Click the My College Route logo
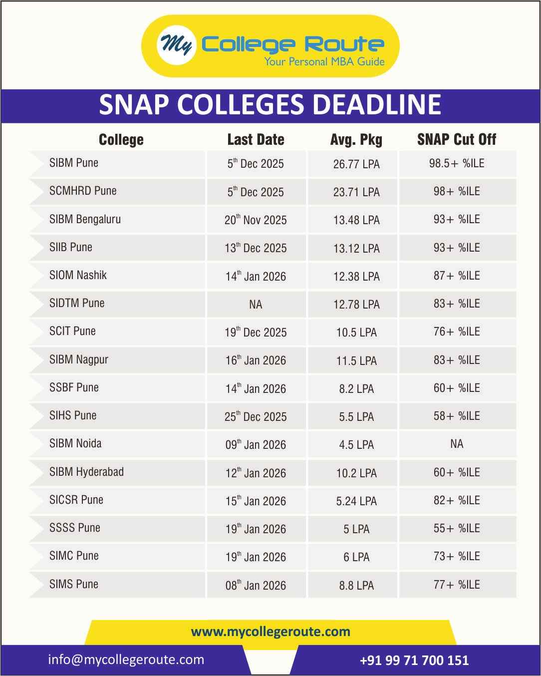coord(270,46)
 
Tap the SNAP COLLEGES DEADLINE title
coord(270,105)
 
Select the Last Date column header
coord(256,139)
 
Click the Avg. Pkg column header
coord(356,139)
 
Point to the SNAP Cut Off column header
coord(457,139)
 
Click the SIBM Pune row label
coord(74,163)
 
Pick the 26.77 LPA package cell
coord(356,164)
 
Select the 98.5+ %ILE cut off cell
coord(457,163)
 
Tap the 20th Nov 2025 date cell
coord(256,220)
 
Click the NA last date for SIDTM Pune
coord(256,305)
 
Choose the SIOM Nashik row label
coord(78,275)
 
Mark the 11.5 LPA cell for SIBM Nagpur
coord(356,360)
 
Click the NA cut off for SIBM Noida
coord(457,444)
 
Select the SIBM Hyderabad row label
coord(86,472)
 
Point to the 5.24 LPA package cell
coord(356,501)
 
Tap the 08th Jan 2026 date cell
coord(256,585)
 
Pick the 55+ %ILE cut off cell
coord(457,528)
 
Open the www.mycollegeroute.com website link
coord(270,632)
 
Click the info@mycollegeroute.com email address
coord(126,660)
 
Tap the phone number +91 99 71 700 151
coord(414,661)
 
